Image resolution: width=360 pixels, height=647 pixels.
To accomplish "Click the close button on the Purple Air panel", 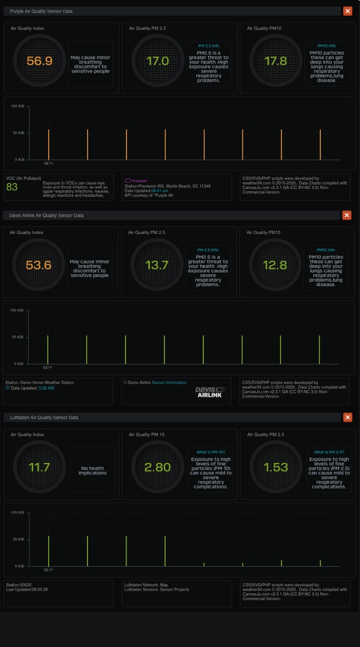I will (347, 11).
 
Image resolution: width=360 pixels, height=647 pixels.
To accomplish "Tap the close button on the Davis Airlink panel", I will (347, 215).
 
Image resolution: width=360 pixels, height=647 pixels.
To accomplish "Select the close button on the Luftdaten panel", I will (347, 417).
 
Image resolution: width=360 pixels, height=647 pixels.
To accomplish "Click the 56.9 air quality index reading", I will (40, 61).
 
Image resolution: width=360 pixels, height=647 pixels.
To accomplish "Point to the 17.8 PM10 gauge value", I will (276, 61).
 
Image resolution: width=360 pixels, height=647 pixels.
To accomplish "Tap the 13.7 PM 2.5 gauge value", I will (157, 265).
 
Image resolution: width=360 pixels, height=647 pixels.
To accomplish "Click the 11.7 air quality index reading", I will (40, 467).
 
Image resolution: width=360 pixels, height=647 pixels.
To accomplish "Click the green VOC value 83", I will (12, 187).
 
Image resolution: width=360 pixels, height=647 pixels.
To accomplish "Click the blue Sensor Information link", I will (169, 382).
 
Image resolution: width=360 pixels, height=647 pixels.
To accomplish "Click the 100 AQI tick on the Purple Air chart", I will (17, 106).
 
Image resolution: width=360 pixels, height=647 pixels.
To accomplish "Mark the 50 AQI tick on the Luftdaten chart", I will (18, 539).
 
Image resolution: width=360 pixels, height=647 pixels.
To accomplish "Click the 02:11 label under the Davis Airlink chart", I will (47, 367).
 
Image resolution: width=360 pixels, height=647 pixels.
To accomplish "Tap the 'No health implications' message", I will (92, 470).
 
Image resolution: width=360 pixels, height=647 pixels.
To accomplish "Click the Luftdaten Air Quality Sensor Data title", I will (44, 417).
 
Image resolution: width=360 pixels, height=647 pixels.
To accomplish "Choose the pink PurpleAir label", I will (139, 180).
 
